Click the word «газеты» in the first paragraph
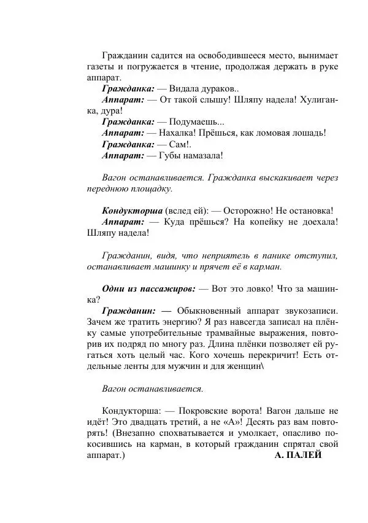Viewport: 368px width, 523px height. pyautogui.click(x=101, y=66)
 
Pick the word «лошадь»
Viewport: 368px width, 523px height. pyautogui.click(x=305, y=133)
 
